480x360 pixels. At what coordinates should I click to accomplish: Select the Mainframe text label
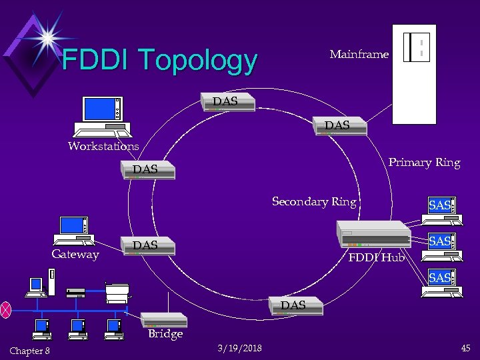tap(359, 55)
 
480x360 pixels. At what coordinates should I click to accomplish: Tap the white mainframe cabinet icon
tap(414, 74)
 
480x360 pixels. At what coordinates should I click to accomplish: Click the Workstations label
tap(103, 146)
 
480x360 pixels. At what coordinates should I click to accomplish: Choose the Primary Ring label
tap(424, 163)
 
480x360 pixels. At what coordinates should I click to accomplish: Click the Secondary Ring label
tap(314, 201)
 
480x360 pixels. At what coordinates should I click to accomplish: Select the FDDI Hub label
tap(377, 257)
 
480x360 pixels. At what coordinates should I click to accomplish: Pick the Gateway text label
tap(75, 255)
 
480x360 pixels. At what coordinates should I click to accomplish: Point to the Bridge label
tap(165, 334)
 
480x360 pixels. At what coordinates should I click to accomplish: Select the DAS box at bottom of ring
tap(297, 306)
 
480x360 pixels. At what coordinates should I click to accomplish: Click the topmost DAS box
tap(228, 102)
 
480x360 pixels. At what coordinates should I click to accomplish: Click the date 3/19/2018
tap(240, 348)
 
